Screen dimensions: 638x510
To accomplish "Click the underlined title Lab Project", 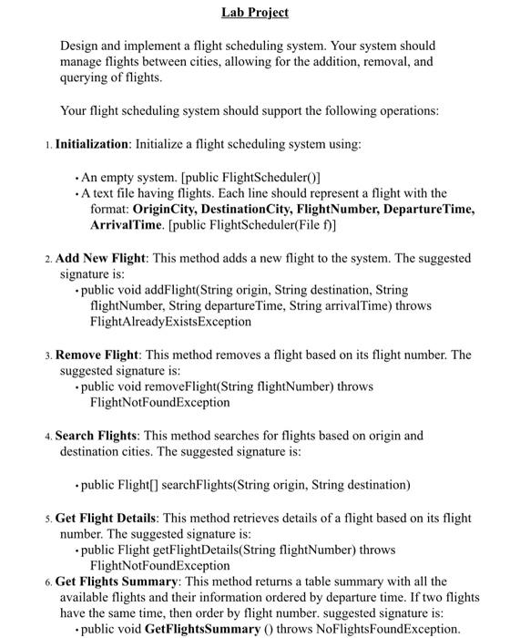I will click(x=255, y=12).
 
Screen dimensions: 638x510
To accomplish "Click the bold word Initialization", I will click(x=93, y=144).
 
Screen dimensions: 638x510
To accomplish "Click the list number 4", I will click(x=48, y=436).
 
